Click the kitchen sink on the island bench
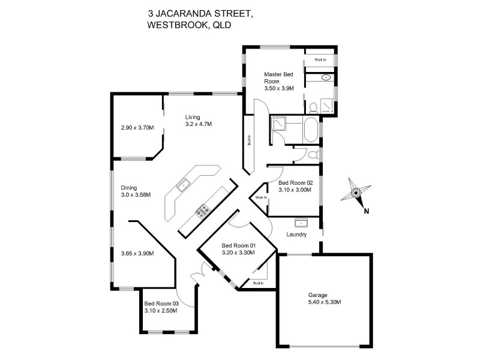click(183, 185)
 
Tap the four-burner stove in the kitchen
click(203, 210)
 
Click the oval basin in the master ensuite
click(326, 77)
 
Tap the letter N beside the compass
click(365, 210)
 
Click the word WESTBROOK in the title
click(174, 25)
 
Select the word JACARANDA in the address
click(186, 11)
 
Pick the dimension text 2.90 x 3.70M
click(137, 128)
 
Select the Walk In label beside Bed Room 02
click(260, 197)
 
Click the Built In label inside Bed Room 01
click(258, 283)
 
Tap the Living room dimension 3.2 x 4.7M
click(199, 124)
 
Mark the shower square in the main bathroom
click(278, 124)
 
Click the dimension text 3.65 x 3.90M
click(137, 253)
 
